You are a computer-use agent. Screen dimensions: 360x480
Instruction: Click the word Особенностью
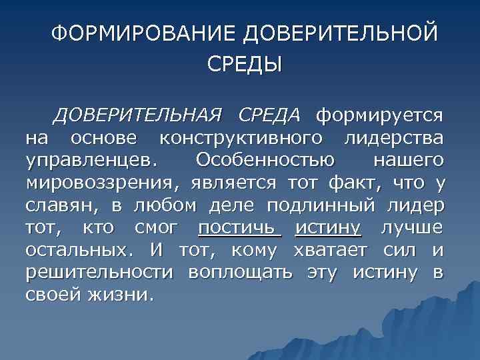(x=265, y=161)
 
